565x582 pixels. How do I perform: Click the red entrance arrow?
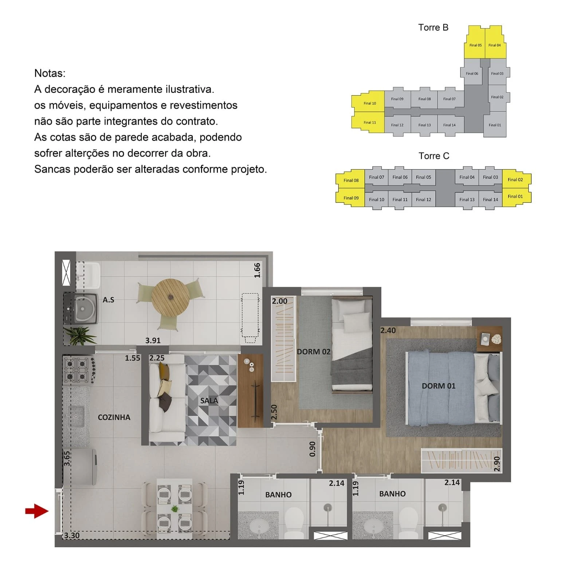click(x=37, y=511)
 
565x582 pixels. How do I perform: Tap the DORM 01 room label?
click(x=439, y=386)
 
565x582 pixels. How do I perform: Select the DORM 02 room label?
click(x=314, y=352)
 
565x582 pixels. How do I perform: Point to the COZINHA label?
click(x=114, y=417)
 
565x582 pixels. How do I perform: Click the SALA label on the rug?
click(x=209, y=401)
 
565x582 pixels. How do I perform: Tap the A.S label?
click(x=108, y=300)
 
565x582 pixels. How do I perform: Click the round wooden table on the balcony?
click(x=170, y=297)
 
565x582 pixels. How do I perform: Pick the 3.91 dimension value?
click(x=153, y=341)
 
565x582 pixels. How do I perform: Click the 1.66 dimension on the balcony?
click(x=257, y=270)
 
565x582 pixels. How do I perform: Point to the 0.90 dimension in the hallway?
click(x=312, y=449)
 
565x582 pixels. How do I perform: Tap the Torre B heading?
click(x=433, y=28)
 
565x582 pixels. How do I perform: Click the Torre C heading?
click(x=434, y=156)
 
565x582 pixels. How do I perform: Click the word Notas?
click(x=50, y=73)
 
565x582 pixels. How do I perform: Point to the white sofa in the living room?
click(x=167, y=397)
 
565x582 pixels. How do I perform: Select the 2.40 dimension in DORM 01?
click(x=388, y=330)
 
